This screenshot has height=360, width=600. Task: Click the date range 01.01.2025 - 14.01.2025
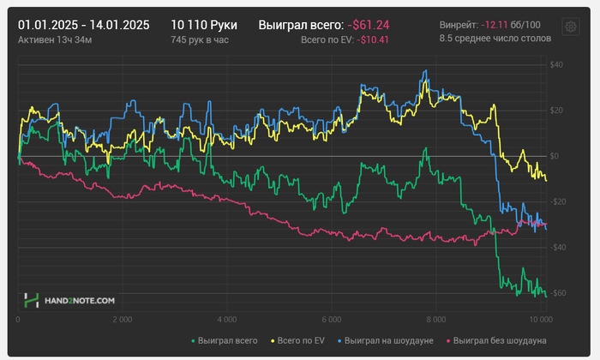click(83, 26)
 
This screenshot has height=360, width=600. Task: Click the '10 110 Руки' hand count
click(204, 26)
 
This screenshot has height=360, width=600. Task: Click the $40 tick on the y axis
click(555, 65)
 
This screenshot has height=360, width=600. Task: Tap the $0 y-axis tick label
click(555, 156)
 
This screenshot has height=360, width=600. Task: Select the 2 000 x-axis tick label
click(123, 320)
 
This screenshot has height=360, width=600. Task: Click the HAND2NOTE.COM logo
click(69, 301)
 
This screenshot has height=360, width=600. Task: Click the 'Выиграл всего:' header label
click(300, 26)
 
